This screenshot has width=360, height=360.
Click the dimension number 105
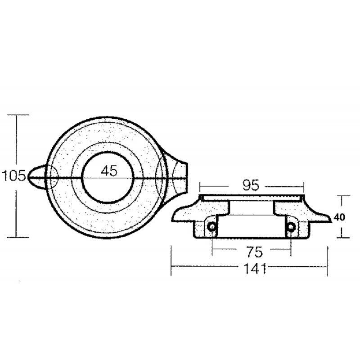point(13,175)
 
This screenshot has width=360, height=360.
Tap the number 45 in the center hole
point(109,171)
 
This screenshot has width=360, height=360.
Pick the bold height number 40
point(340,217)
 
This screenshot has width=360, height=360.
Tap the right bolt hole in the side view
point(291,226)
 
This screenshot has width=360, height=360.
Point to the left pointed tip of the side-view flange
point(173,219)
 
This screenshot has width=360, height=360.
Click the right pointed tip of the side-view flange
point(332,219)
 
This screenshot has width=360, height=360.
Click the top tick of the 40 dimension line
point(344,196)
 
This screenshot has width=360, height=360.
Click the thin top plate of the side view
point(252,198)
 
